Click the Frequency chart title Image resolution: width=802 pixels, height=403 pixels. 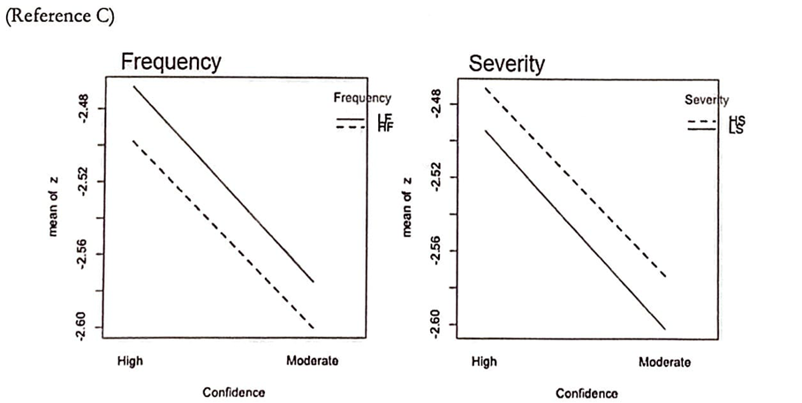pyautogui.click(x=171, y=62)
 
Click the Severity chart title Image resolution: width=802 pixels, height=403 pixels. pyautogui.click(x=507, y=63)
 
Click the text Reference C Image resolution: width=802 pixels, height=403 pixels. pyautogui.click(x=60, y=19)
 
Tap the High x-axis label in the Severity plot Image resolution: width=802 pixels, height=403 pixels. pyautogui.click(x=484, y=362)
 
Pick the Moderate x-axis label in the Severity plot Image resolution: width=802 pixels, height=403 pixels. pyautogui.click(x=664, y=362)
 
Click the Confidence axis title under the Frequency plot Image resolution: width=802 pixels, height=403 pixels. pyautogui.click(x=234, y=392)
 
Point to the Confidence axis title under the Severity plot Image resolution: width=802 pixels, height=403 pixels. pyautogui.click(x=586, y=392)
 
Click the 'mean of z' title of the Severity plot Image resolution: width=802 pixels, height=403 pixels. pyautogui.click(x=407, y=206)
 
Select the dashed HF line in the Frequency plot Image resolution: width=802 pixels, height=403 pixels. pyautogui.click(x=223, y=235)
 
